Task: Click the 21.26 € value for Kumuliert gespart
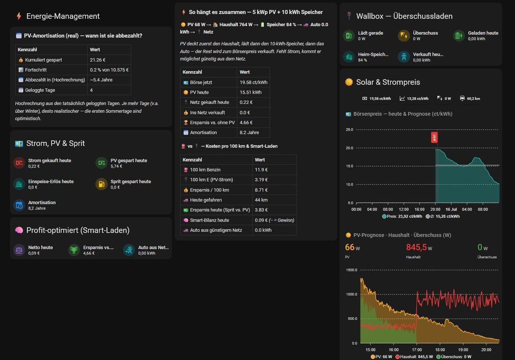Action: (97, 60)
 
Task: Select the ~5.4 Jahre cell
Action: (101, 80)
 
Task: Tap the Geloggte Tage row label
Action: (40, 90)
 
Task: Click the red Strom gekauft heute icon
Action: (19, 163)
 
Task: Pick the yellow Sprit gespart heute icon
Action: (102, 184)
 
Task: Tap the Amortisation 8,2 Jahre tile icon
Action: (19, 205)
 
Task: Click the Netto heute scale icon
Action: (19, 250)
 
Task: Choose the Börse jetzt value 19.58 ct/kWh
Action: (253, 82)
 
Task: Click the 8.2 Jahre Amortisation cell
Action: (249, 132)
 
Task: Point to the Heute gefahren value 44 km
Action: (261, 200)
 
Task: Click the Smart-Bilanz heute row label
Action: (209, 220)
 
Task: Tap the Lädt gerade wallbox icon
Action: (349, 36)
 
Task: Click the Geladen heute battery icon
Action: (459, 36)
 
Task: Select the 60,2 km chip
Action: (470, 98)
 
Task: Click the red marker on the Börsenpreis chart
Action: (434, 137)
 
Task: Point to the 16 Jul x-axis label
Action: (451, 209)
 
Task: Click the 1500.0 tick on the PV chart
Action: (352, 270)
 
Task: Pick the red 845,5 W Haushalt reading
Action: (419, 247)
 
